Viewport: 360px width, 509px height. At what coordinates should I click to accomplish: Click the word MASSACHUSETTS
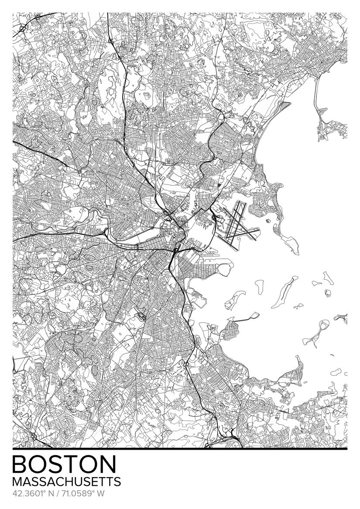(x=67, y=482)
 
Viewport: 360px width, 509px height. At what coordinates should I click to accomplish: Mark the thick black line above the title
(x=180, y=449)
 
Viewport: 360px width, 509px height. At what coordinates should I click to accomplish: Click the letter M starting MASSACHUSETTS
(x=18, y=482)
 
